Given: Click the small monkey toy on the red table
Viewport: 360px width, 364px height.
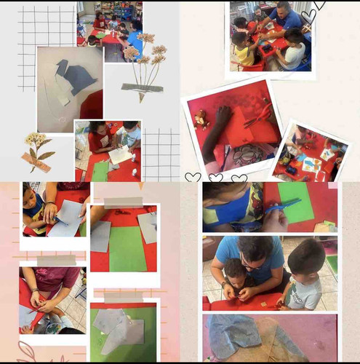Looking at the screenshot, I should [199, 118].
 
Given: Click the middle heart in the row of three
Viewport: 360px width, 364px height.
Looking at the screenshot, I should [216, 178].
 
